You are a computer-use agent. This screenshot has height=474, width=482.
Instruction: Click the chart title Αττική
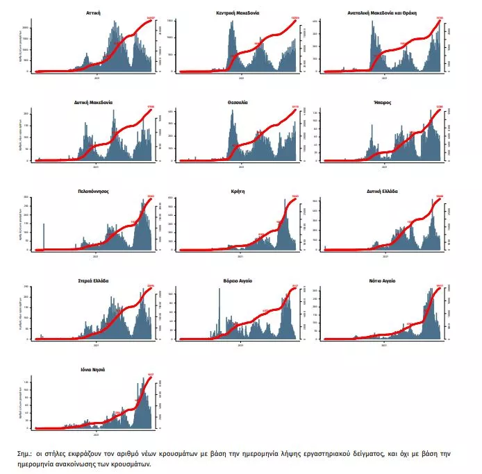click(96, 12)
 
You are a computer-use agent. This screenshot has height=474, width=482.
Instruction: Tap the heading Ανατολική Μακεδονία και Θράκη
click(386, 12)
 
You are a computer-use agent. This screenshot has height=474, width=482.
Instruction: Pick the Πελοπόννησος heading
click(96, 191)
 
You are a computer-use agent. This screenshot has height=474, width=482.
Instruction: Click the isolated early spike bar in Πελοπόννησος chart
click(44, 236)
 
